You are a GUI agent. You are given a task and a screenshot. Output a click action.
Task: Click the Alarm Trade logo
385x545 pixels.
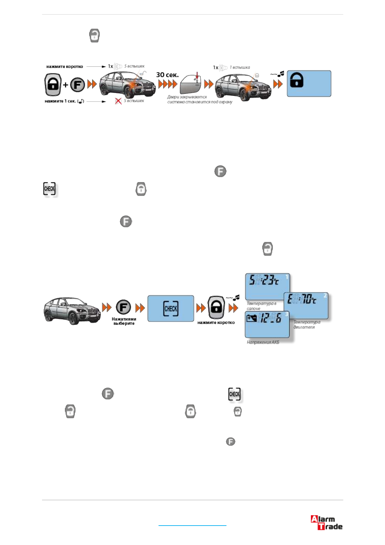326,522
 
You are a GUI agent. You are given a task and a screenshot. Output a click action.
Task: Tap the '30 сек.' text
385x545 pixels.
167,75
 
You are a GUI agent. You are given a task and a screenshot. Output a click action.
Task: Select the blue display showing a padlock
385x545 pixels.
309,83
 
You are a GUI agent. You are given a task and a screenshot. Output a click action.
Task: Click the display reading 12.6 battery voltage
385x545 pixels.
267,324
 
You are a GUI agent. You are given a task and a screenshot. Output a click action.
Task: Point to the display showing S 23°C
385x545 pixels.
267,286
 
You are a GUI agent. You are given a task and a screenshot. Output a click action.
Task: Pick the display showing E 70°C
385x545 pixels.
306,305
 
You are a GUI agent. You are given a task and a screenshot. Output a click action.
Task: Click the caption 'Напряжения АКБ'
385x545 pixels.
263,342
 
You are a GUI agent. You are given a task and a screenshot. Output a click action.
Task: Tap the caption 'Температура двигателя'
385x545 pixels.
307,325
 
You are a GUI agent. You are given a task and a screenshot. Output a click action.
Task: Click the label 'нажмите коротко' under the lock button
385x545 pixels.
216,323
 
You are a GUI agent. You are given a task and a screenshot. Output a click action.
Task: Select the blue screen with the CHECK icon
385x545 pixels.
171,308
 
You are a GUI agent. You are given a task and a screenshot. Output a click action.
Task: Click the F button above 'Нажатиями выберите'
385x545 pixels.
123,307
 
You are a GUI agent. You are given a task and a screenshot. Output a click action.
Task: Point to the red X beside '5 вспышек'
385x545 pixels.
118,101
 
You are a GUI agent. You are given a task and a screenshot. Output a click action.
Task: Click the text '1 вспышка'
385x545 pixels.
240,67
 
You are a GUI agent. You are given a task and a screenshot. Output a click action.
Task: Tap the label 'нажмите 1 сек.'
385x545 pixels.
60,101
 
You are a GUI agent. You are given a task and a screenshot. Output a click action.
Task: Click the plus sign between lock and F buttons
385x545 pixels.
65,85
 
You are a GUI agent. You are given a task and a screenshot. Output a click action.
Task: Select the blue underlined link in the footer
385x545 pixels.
192,525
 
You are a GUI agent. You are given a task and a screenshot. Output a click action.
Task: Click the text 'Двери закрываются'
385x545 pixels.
187,97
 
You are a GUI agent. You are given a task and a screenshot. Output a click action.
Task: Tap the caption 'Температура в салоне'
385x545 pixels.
261,306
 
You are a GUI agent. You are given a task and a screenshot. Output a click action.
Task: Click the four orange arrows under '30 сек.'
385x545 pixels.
168,84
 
